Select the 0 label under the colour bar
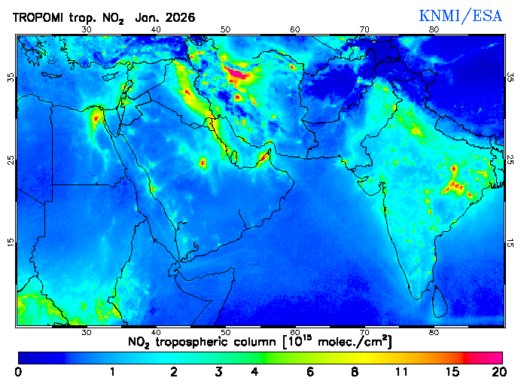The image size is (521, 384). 18,372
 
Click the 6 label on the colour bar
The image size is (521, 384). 310,372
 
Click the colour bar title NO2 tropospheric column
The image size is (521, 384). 260,342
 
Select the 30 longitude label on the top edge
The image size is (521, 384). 86,29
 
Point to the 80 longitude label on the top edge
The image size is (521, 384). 434,29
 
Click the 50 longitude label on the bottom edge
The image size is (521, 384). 225,332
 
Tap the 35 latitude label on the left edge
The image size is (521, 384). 10,78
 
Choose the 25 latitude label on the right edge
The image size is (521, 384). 510,160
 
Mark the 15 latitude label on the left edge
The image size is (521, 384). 10,242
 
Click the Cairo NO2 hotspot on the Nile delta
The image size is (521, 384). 96,117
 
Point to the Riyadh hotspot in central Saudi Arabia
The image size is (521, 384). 202,163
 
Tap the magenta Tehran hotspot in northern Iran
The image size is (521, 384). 239,74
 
